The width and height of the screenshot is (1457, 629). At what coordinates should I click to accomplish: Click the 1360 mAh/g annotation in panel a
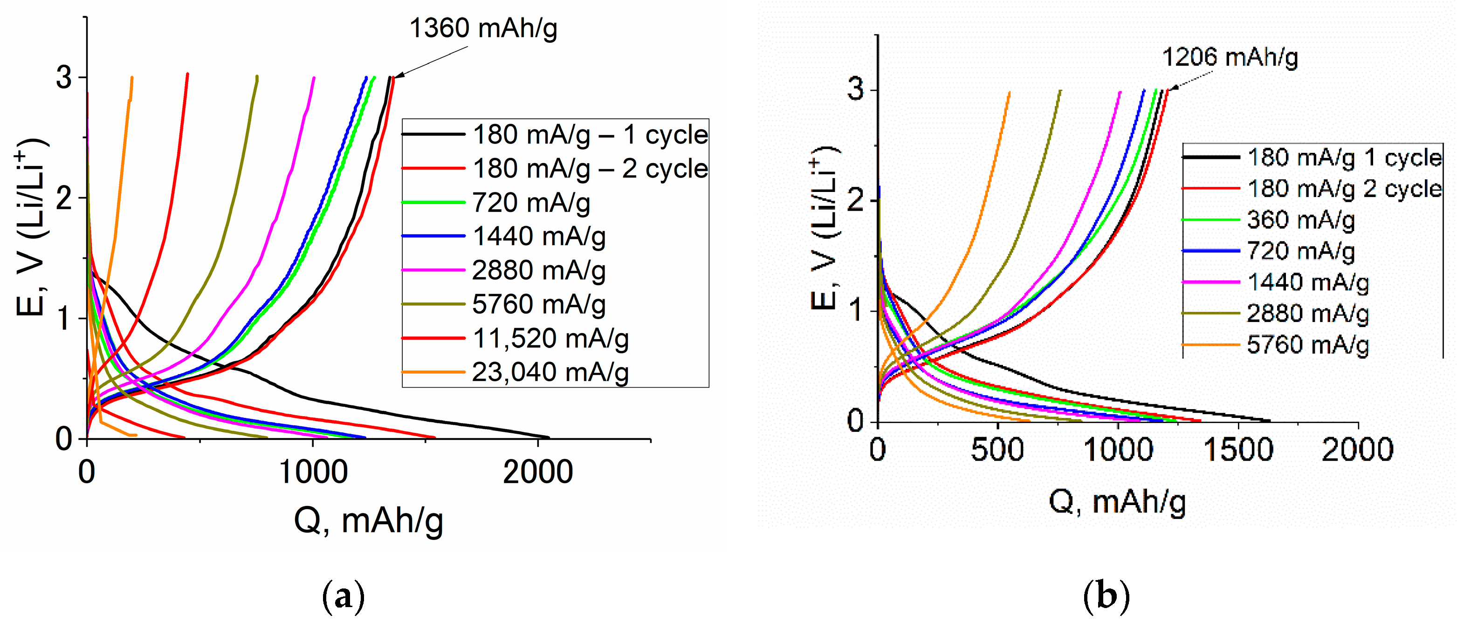click(x=482, y=28)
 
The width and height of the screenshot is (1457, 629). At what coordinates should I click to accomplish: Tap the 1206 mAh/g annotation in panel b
click(x=1230, y=58)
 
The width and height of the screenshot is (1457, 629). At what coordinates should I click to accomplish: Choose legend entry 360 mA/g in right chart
click(x=1301, y=219)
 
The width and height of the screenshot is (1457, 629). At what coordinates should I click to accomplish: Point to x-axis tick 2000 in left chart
click(x=537, y=472)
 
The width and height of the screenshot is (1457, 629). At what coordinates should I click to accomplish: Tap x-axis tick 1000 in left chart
click(x=313, y=472)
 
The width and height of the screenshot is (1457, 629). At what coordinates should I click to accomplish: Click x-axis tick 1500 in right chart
click(x=1237, y=450)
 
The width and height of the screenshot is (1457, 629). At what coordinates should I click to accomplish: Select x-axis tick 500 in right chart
click(x=997, y=450)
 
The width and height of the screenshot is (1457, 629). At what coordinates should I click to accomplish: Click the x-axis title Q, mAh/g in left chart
click(x=368, y=520)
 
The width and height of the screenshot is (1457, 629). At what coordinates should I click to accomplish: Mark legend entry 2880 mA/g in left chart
click(x=538, y=270)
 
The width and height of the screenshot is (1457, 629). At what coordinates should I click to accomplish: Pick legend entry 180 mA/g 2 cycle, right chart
click(x=1344, y=188)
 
